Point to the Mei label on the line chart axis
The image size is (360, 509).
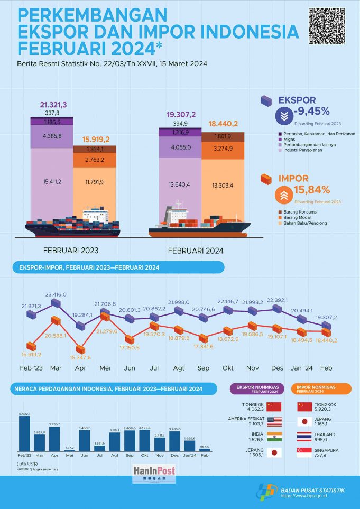(106, 368)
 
